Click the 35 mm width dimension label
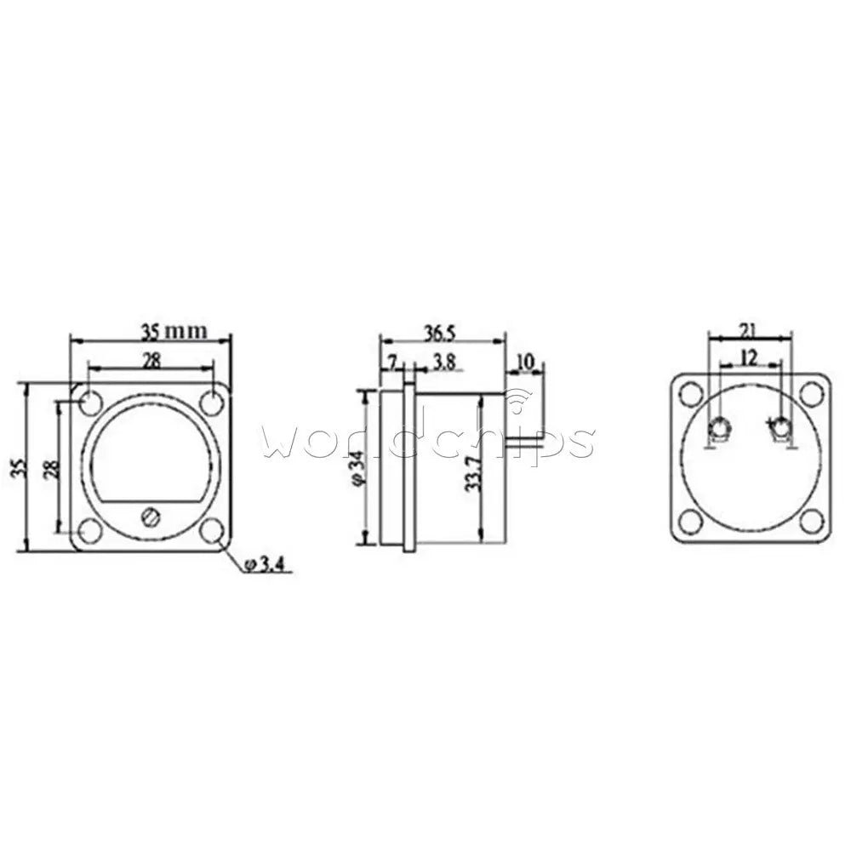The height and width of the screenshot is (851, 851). pyautogui.click(x=174, y=331)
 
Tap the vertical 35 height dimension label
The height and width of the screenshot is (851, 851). pyautogui.click(x=19, y=467)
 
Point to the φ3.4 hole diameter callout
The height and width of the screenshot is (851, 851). pyautogui.click(x=264, y=565)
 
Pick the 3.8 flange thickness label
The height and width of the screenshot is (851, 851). pyautogui.click(x=445, y=362)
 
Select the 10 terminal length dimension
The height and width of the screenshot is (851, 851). pyautogui.click(x=525, y=361)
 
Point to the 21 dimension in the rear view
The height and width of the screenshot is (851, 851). pyautogui.click(x=749, y=330)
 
